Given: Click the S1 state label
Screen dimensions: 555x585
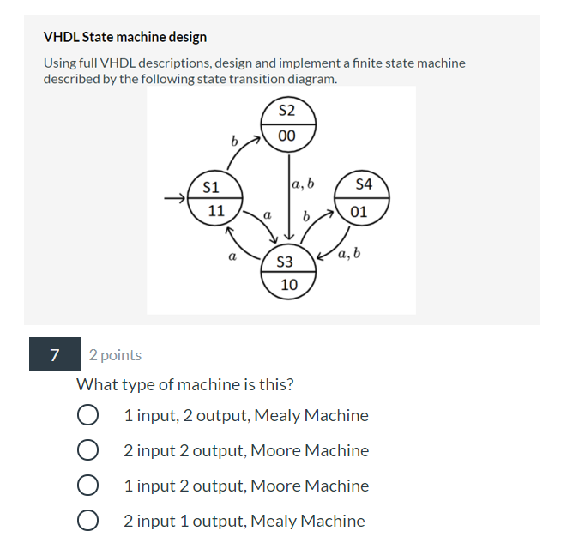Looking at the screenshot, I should coord(210,186).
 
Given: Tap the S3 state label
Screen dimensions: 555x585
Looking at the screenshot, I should coord(288,262).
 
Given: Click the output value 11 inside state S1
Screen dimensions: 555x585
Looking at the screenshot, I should coord(214,211).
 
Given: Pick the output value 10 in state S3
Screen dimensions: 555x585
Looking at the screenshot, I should coord(289,285).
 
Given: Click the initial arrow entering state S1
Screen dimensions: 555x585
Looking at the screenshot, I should coord(176,199).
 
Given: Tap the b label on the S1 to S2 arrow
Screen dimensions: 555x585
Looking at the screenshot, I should coord(232,140).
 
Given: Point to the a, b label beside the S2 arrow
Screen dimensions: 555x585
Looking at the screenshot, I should coord(303,183).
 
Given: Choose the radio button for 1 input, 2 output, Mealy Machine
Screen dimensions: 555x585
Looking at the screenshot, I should coord(87,416).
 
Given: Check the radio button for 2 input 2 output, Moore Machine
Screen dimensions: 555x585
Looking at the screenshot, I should coord(87,451).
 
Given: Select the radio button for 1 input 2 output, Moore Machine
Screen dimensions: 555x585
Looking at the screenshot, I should coord(87,486).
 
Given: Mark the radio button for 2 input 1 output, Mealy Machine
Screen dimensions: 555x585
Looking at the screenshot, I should coord(87,522).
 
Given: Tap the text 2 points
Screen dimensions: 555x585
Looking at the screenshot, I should coord(115,355).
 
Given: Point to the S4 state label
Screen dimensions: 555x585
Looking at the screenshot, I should coord(364,184).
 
